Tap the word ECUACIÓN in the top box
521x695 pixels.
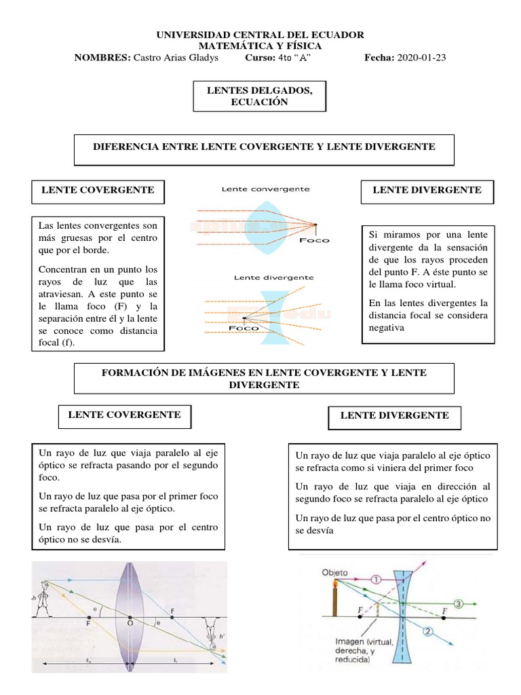coord(260,102)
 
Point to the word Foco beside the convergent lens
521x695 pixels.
coord(313,240)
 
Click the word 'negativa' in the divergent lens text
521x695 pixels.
coord(386,328)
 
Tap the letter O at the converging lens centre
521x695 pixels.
coord(130,621)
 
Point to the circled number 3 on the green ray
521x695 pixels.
coord(459,603)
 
